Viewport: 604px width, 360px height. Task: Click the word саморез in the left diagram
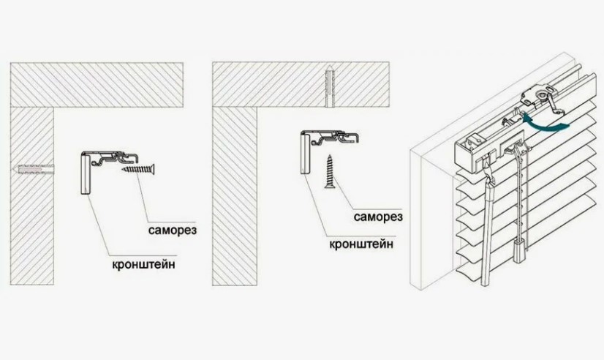point(173,230)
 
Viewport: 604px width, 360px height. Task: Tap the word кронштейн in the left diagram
point(144,265)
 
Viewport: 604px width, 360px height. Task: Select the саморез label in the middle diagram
point(378,217)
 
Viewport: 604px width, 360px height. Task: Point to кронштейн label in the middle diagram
point(362,244)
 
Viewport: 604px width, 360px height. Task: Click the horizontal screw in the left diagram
point(139,169)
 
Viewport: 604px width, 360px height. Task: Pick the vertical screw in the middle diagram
point(330,171)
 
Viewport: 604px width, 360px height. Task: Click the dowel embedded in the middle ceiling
point(330,87)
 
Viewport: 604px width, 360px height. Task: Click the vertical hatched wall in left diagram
point(32,196)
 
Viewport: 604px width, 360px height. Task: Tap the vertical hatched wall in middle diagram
point(235,196)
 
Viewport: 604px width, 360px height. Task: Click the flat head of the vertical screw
point(330,187)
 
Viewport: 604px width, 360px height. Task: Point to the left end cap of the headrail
point(467,154)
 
